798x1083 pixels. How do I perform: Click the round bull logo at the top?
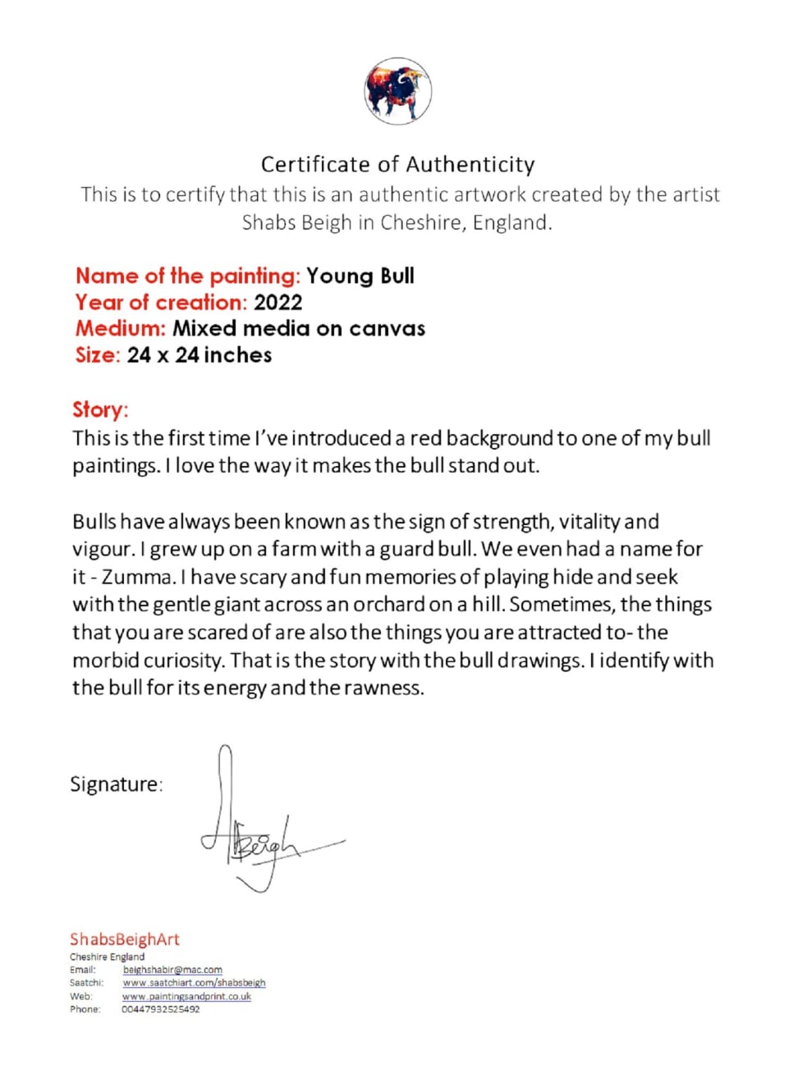[398, 91]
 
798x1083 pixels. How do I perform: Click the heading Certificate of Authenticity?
[398, 164]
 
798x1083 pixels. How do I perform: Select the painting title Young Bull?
[360, 276]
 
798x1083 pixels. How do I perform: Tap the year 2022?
[278, 302]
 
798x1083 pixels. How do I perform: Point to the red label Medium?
[121, 328]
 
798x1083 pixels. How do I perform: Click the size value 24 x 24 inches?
[199, 354]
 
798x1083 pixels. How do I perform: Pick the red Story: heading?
[100, 409]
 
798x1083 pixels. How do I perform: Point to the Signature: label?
[116, 784]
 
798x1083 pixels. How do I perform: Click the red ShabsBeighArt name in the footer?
[124, 939]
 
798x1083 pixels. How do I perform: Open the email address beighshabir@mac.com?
[172, 970]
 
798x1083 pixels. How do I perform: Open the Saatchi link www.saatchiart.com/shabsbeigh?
[194, 983]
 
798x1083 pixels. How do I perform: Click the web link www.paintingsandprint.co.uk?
[186, 996]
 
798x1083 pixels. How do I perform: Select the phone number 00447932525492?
[161, 1009]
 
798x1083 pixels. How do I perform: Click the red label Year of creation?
[161, 302]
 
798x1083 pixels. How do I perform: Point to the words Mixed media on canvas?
[299, 328]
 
